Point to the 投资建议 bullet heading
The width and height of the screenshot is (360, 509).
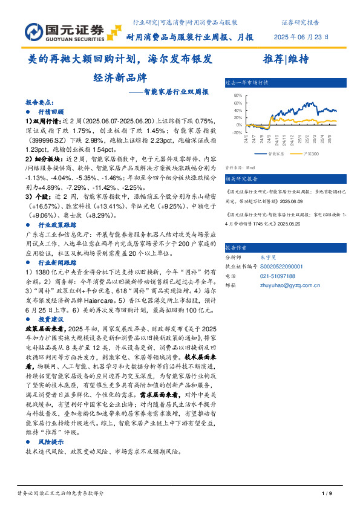[x=51, y=318]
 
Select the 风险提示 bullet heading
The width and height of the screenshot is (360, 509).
[x=51, y=443]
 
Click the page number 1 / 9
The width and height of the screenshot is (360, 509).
[x=325, y=493]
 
